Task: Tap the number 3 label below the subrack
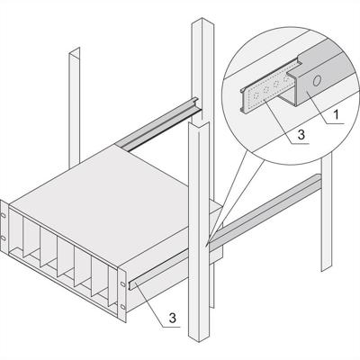click(170, 318)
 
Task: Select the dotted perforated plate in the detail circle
click(260, 94)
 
